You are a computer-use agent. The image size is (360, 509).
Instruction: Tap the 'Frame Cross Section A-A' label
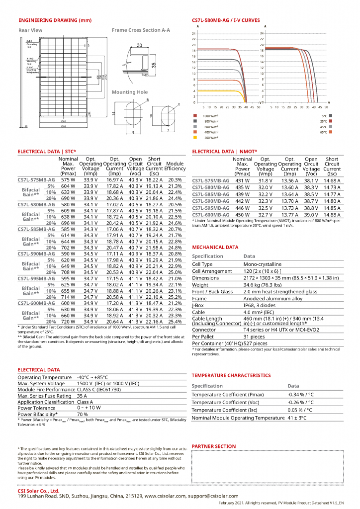click(141, 30)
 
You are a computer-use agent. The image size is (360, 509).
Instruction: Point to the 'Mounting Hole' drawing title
click(129, 92)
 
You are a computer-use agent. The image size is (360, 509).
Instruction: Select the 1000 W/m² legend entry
click(207, 115)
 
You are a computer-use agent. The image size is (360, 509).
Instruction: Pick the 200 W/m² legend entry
click(207, 138)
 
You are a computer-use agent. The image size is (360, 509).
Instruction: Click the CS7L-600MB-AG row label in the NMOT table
click(210, 214)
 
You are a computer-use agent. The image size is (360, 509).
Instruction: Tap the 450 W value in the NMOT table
click(242, 214)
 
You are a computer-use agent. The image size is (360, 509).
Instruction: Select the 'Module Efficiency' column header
click(175, 166)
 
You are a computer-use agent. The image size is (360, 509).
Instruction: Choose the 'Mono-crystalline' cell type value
click(262, 264)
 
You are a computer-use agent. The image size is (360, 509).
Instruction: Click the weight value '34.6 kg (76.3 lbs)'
click(265, 285)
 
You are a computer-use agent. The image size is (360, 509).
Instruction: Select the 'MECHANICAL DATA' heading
click(215, 247)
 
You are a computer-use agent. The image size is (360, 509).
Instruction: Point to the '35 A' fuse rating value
click(83, 396)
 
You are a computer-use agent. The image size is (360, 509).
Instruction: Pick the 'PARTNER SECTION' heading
click(214, 446)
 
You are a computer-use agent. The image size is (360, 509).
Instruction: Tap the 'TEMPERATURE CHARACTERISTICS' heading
click(231, 375)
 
